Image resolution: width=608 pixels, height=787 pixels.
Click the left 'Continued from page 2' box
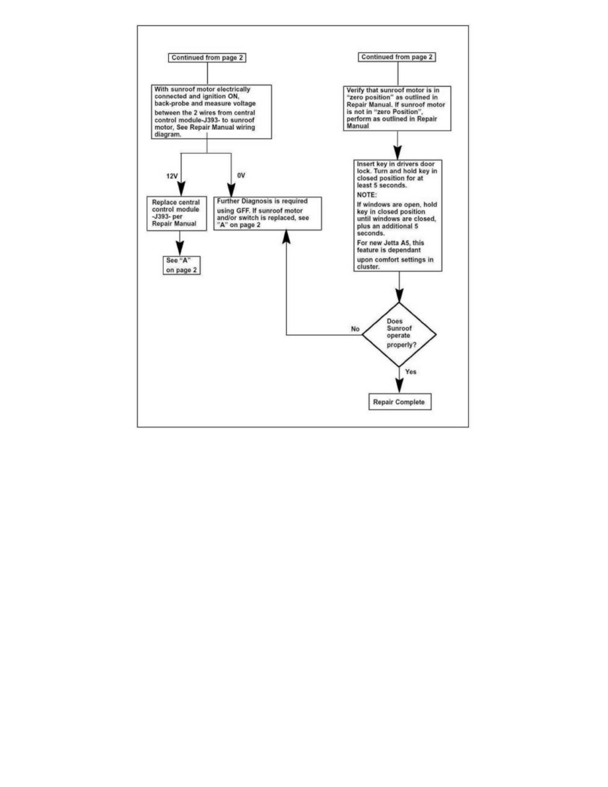(208, 58)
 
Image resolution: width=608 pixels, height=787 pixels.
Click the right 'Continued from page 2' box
(397, 58)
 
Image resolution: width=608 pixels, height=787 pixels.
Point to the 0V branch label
(241, 176)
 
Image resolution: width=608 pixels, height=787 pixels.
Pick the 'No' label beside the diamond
(355, 329)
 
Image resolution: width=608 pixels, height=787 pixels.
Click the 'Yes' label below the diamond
(411, 372)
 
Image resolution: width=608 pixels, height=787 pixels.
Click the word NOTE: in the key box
(368, 195)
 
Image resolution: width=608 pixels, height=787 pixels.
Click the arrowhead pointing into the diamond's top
(399, 297)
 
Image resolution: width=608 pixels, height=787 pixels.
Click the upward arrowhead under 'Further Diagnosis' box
(286, 236)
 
